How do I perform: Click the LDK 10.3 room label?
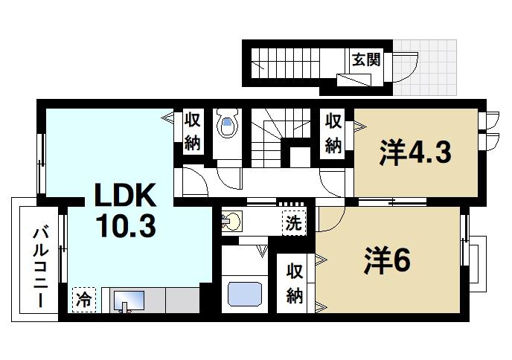[x=124, y=210]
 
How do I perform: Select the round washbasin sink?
[x=233, y=221]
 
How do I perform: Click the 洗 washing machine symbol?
[x=294, y=222]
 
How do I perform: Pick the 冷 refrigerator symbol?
[x=83, y=300]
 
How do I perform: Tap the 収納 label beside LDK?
[x=193, y=131]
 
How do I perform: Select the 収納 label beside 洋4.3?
[x=333, y=132]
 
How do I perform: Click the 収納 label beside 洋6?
[x=295, y=283]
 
